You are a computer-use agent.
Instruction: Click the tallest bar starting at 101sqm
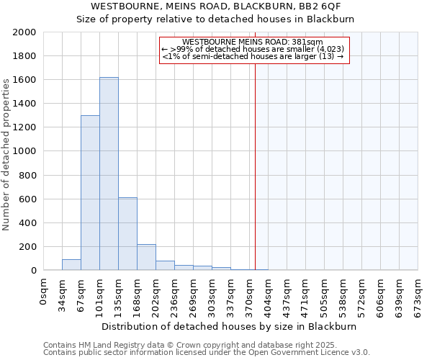point(109,174)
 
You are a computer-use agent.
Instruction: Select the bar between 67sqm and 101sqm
point(90,193)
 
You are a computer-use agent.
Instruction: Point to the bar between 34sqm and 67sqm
point(71,265)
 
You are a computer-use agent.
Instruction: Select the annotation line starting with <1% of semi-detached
point(252,56)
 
